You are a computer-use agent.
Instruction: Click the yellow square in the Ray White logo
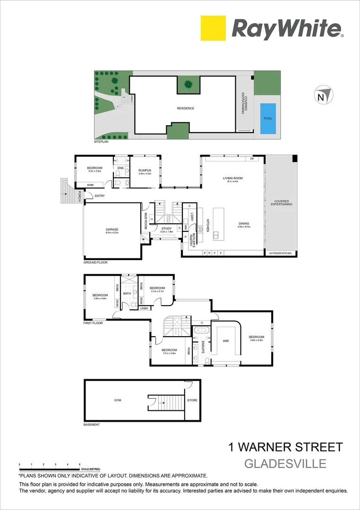(213, 28)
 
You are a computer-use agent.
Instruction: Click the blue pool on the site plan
(268, 118)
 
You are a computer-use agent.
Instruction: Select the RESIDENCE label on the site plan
(186, 108)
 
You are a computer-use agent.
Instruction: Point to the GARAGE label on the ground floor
(112, 229)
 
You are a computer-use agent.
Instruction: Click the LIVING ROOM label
(232, 178)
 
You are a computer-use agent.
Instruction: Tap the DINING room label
(244, 223)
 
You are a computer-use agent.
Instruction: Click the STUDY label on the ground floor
(165, 229)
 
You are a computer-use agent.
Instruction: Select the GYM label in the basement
(118, 400)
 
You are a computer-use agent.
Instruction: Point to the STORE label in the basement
(192, 400)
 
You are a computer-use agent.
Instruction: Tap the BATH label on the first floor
(127, 293)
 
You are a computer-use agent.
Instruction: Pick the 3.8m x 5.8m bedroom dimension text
(256, 340)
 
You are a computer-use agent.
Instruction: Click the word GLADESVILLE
(285, 463)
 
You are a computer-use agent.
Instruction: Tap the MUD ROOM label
(146, 221)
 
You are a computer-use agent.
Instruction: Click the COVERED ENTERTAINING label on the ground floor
(283, 203)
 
